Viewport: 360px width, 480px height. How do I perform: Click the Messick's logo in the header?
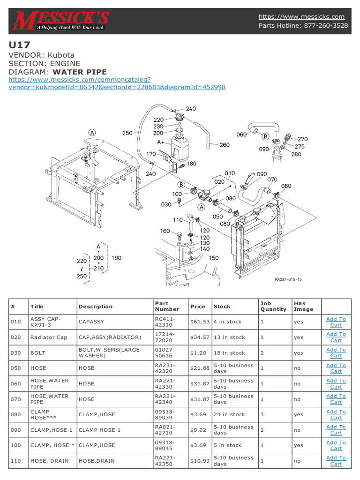pos(61,21)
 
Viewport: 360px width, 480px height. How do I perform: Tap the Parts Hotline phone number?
pos(327,25)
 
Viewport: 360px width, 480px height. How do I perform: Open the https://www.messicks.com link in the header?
pos(301,16)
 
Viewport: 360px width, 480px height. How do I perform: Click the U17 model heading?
pos(19,45)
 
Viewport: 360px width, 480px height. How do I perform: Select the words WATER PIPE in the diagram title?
pos(80,72)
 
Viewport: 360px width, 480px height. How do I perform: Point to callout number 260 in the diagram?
pos(225,145)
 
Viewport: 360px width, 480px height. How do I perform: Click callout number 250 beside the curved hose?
pos(127,133)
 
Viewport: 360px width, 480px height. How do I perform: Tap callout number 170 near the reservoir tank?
pos(151,154)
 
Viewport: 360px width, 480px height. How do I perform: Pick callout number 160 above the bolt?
pos(165,231)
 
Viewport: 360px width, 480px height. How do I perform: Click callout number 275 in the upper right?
pos(300,146)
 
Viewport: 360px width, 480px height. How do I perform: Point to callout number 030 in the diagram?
pos(166,204)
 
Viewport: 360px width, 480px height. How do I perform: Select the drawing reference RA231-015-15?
pos(288,279)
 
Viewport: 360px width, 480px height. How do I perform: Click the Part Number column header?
pos(167,306)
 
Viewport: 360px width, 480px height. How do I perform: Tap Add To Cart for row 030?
pos(336,353)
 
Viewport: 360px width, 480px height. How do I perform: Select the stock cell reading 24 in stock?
pos(229,414)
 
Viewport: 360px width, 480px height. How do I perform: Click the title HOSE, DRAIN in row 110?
pos(49,461)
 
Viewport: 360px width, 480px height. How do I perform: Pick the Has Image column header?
pos(303,306)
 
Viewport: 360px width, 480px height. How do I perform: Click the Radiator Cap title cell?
pos(49,337)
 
